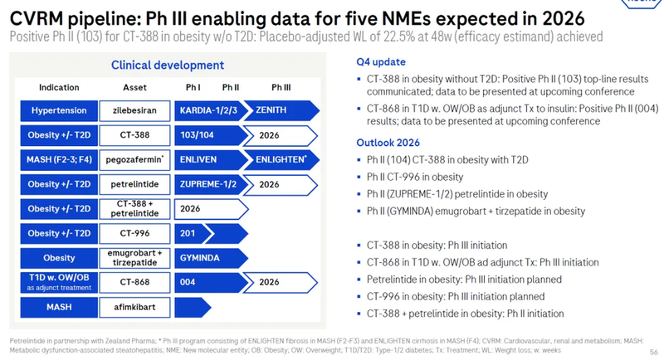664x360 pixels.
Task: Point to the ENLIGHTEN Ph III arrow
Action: [x=282, y=158]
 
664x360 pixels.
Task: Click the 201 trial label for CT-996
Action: [x=188, y=233]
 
